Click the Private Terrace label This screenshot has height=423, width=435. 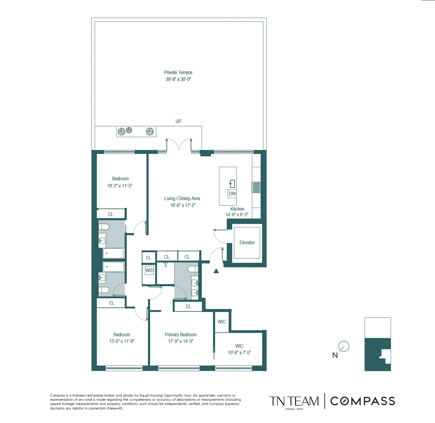[x=178, y=72]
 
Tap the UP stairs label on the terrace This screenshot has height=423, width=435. [x=178, y=121]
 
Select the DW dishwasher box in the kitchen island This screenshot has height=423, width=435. [x=232, y=193]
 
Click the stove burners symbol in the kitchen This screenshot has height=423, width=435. [x=256, y=187]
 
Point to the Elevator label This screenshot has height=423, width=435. [x=247, y=242]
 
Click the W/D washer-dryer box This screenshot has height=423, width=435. [x=149, y=270]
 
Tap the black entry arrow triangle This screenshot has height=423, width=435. [x=216, y=271]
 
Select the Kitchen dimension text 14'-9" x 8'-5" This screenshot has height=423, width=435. [x=237, y=214]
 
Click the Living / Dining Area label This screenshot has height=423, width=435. [x=182, y=198]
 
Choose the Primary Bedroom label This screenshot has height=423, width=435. [x=181, y=334]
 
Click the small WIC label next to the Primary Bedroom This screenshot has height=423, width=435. [x=222, y=322]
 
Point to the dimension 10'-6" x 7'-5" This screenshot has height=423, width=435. [x=239, y=352]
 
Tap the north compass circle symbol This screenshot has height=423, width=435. [x=344, y=346]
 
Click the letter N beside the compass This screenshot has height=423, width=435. [x=335, y=355]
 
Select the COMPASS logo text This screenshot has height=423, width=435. [x=362, y=401]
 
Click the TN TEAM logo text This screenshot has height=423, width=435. [x=294, y=401]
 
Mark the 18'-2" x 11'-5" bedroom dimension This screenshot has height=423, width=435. [x=120, y=186]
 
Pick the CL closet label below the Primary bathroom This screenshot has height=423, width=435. [x=188, y=306]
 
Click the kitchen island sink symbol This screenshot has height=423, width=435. [x=232, y=183]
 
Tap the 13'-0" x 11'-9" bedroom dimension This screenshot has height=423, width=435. [x=122, y=341]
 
